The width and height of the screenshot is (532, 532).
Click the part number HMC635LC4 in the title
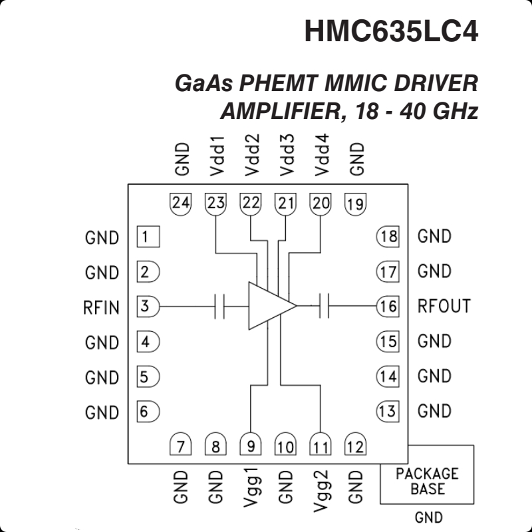coord(391,31)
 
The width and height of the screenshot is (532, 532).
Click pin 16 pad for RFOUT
coord(387,307)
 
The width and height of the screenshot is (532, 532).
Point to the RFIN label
coord(102,307)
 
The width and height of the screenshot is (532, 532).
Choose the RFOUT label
coord(444,307)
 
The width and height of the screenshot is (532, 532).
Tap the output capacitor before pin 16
coord(325,307)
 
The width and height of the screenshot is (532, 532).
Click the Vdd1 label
coord(217,155)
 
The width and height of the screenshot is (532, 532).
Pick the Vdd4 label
coord(322,155)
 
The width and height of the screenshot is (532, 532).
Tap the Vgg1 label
coord(250,489)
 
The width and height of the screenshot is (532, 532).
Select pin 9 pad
coord(250,446)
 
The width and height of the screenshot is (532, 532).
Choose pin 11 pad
coord(321,446)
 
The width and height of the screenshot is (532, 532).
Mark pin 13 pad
coord(387,411)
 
